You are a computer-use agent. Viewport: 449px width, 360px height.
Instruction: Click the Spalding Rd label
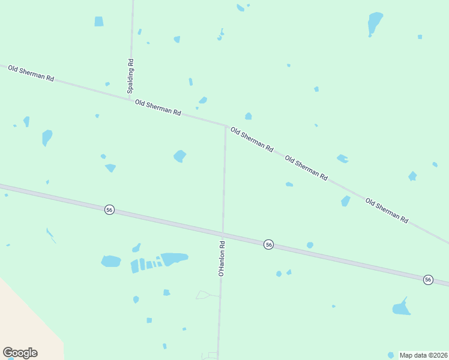coord(130,76)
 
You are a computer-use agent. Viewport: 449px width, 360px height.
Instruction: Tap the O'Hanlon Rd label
coord(221,259)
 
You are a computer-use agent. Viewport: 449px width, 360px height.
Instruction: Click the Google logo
coord(20,353)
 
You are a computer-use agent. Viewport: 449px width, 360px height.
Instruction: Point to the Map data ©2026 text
coord(423,355)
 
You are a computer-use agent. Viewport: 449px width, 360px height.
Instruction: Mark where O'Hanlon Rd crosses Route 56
coord(223,233)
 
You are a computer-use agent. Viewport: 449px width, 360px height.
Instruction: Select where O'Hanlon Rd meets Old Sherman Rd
coord(226,126)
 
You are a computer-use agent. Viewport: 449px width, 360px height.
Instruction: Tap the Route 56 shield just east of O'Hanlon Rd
coord(268,244)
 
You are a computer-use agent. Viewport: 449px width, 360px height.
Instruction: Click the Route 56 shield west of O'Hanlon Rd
coord(109,209)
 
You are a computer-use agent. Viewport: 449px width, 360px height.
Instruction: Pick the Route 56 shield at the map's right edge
coord(427,280)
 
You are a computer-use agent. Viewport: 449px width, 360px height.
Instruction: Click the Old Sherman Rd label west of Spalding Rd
coord(31,74)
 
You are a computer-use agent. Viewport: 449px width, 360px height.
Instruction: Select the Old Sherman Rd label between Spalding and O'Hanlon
coord(158,107)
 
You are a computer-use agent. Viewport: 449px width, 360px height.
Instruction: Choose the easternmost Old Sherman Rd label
coord(387,211)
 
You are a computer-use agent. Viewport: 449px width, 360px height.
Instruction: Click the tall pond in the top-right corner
coord(375,23)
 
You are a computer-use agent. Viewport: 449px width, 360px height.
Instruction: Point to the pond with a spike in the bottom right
coord(401,308)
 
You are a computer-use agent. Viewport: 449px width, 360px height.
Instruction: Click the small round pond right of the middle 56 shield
coord(310,245)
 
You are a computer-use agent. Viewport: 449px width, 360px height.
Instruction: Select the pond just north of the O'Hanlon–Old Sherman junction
coord(248,116)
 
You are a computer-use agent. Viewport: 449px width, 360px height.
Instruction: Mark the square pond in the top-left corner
coord(99,22)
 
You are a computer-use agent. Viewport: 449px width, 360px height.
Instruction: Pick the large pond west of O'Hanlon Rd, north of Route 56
coord(179,156)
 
